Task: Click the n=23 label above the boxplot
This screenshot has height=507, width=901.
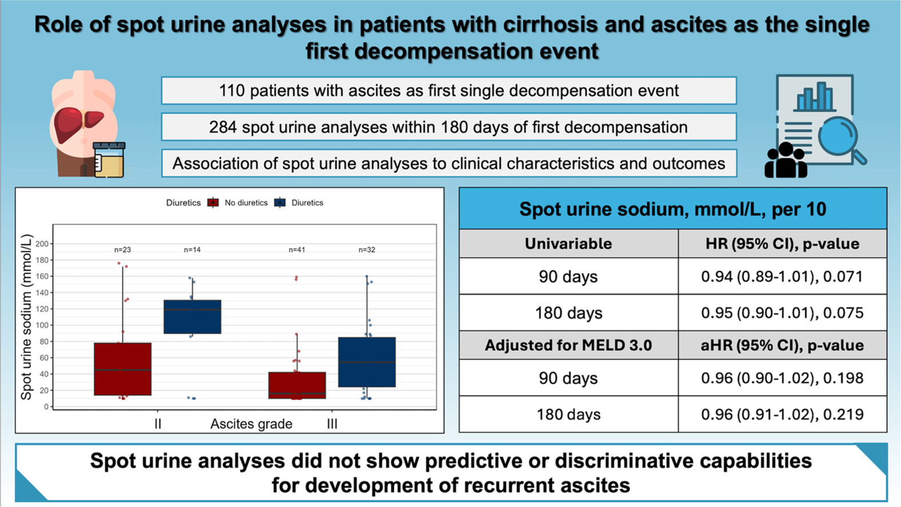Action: pos(122,249)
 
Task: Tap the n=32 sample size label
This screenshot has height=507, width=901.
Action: pos(367,249)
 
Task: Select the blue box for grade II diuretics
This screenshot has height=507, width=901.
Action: pos(192,317)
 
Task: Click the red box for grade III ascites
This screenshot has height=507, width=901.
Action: pos(297,385)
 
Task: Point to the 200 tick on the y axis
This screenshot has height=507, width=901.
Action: pos(42,244)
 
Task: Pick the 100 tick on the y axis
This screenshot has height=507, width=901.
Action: pos(42,325)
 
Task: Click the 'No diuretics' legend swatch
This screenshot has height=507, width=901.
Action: pos(213,203)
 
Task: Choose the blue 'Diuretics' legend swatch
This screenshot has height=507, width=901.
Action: pos(279,203)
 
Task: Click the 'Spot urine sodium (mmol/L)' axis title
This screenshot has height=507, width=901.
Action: pos(26,317)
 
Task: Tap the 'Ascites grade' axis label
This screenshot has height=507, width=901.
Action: pos(251,424)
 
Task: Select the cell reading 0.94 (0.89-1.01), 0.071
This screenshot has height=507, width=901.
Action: pos(782,276)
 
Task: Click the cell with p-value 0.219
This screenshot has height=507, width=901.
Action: pos(782,414)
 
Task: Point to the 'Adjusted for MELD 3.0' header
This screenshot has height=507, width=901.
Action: pos(568,346)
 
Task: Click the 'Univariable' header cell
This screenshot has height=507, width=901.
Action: pos(568,244)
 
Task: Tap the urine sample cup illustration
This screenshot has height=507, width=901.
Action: pos(109,160)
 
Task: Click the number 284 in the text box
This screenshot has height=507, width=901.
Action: pos(223,127)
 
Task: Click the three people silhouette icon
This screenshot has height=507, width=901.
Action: pos(785,160)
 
